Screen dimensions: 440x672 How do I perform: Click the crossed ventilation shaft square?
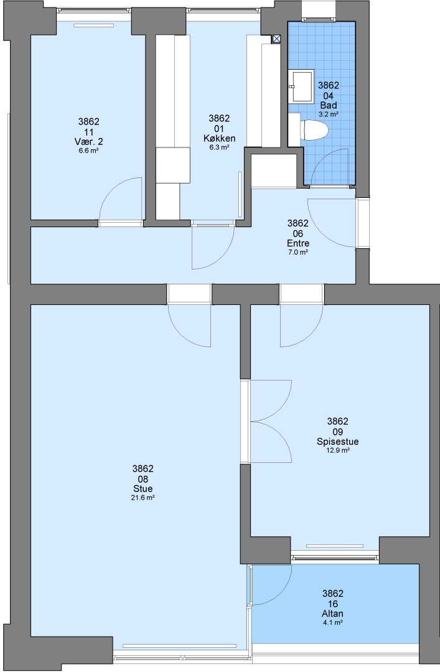click(x=276, y=39)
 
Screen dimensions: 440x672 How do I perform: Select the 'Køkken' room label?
click(x=219, y=138)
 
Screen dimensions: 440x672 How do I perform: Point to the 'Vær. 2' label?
click(x=89, y=142)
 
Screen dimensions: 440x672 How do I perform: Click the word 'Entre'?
click(x=298, y=243)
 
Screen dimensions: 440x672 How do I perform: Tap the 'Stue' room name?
click(x=143, y=489)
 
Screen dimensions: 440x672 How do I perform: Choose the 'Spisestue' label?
click(x=337, y=442)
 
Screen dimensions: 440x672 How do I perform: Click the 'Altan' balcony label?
click(x=332, y=614)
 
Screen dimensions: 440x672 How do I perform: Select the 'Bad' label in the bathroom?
click(x=329, y=105)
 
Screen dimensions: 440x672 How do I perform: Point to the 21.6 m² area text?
click(x=143, y=498)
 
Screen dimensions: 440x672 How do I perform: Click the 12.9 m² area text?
click(x=338, y=450)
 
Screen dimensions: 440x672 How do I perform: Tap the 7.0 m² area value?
click(x=298, y=252)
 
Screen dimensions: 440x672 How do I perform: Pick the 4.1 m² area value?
click(x=332, y=623)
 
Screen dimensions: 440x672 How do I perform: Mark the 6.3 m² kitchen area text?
click(x=219, y=147)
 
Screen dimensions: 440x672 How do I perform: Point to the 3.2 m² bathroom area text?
click(x=329, y=114)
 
